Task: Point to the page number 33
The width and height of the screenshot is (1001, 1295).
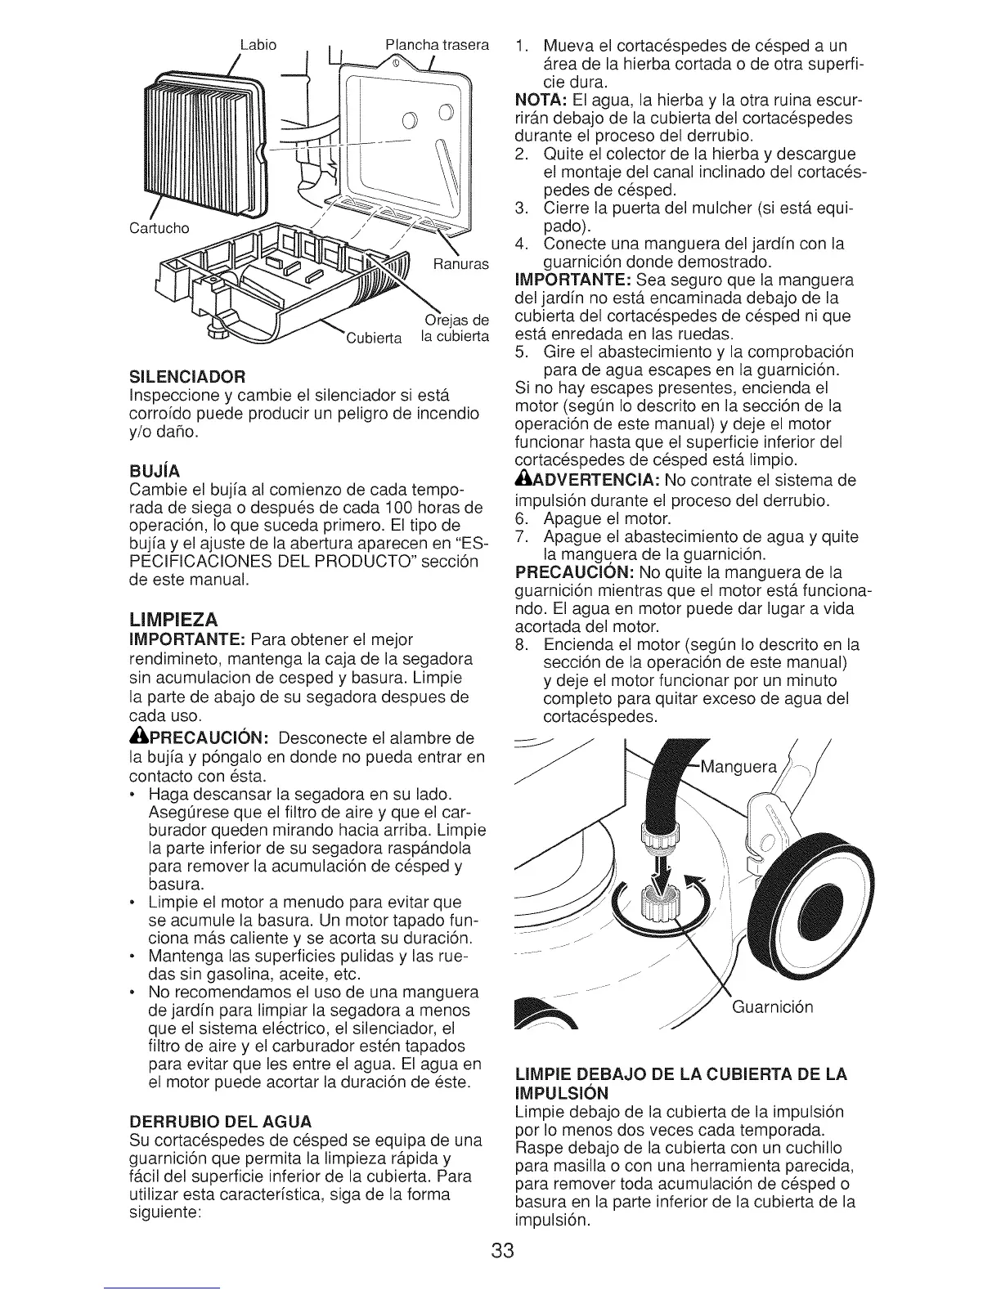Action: pyautogui.click(x=500, y=1252)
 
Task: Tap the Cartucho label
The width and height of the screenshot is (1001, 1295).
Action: pyautogui.click(x=159, y=226)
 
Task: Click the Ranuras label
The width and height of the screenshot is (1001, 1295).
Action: pyautogui.click(x=460, y=264)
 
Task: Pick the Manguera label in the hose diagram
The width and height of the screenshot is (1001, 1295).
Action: pyautogui.click(x=732, y=767)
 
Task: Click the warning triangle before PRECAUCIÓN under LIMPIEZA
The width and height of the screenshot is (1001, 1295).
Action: pyautogui.click(x=137, y=735)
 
